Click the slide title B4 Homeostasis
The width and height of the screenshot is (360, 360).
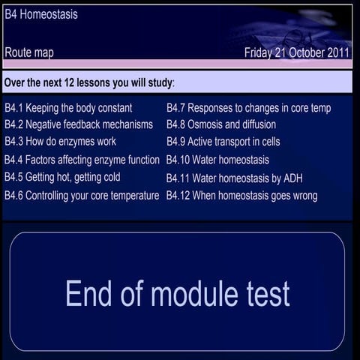click(40, 14)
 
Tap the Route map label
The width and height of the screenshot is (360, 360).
click(29, 52)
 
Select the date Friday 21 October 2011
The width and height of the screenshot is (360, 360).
click(296, 52)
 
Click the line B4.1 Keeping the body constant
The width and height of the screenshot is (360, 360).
click(68, 108)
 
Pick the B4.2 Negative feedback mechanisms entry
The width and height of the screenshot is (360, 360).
click(79, 124)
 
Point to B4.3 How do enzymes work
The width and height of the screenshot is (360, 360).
click(61, 141)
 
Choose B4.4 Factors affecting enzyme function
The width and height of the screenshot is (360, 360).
click(82, 160)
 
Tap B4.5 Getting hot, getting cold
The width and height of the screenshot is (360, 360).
click(62, 177)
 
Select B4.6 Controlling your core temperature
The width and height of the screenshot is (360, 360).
click(82, 196)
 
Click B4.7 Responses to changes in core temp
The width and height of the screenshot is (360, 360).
click(248, 108)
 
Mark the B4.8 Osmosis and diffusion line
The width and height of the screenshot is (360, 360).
click(221, 124)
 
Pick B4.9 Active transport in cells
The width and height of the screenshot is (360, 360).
click(223, 141)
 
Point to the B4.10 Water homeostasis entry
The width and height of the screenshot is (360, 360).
click(217, 160)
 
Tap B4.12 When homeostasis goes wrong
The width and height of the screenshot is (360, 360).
click(241, 196)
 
